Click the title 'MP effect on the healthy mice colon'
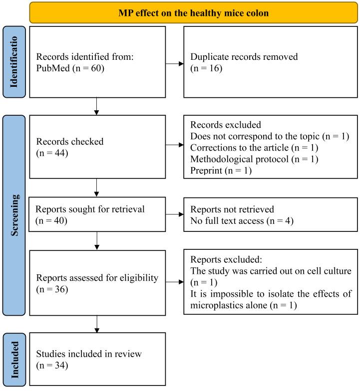(x=194, y=12)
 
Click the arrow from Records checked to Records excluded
(x=174, y=146)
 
